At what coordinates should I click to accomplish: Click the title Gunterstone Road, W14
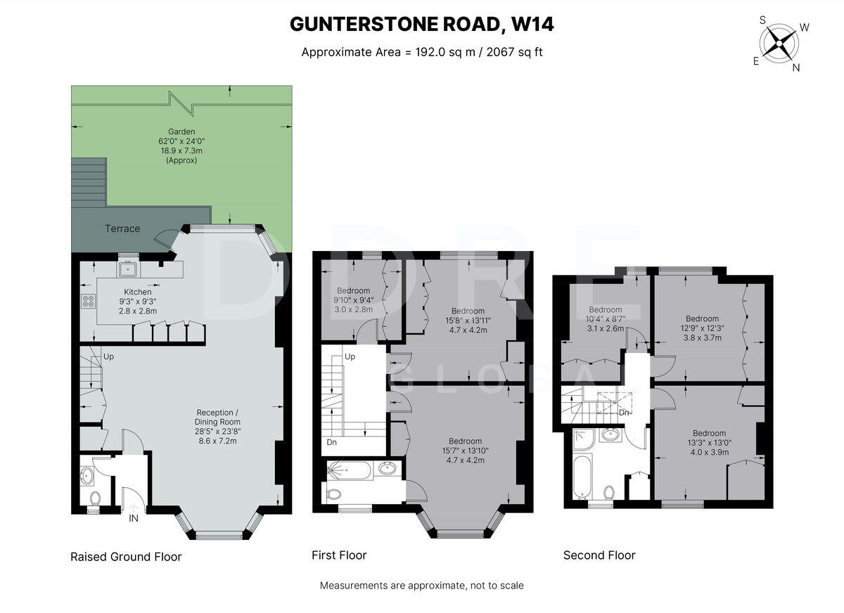[422, 24]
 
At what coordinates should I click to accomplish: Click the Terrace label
[122, 228]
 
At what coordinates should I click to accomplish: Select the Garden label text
[181, 146]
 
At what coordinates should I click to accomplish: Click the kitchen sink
[128, 268]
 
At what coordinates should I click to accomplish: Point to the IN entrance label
[133, 519]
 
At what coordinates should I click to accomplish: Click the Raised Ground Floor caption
[126, 557]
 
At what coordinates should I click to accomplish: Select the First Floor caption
[339, 555]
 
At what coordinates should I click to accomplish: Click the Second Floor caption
[599, 555]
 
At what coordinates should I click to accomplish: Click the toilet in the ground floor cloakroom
[95, 498]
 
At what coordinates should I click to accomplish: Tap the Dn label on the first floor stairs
[331, 443]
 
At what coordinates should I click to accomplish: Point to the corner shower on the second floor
[584, 438]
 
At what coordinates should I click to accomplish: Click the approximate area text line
[422, 52]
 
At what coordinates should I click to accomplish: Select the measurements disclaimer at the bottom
[422, 585]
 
